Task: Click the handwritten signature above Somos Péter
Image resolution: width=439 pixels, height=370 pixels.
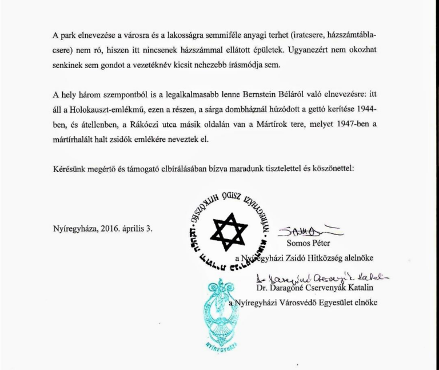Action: point(309,230)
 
